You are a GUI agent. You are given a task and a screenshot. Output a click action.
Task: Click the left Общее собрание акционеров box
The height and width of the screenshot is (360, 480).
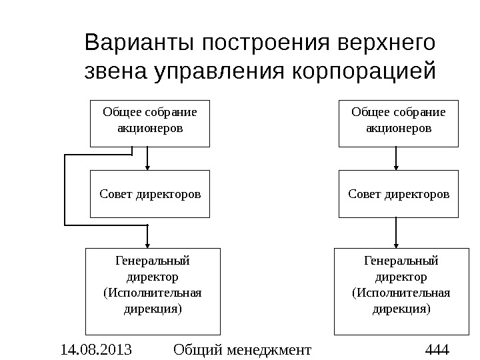click(150, 123)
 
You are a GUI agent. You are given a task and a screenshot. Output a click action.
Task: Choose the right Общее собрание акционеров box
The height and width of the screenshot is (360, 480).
click(399, 123)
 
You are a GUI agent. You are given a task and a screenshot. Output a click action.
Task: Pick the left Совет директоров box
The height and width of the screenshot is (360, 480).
click(150, 194)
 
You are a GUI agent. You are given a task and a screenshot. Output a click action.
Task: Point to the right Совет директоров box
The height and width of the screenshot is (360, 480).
click(399, 194)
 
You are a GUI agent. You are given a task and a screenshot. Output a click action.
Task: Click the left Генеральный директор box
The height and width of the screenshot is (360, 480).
click(153, 291)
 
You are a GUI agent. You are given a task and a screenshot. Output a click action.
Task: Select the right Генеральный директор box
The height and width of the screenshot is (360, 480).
click(401, 291)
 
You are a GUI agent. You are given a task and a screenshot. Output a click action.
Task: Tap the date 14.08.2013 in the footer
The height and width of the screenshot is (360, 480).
click(95, 349)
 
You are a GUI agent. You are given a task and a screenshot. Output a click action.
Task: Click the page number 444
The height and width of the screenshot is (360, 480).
click(437, 349)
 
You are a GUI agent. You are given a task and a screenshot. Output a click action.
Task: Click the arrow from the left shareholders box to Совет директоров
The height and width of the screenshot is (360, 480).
click(147, 159)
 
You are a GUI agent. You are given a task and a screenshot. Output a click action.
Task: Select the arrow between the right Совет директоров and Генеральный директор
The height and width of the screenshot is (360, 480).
click(397, 233)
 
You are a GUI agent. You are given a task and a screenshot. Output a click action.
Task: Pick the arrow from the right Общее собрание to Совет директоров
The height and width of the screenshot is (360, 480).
click(397, 159)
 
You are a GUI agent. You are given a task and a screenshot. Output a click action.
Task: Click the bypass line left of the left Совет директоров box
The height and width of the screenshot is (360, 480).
click(65, 190)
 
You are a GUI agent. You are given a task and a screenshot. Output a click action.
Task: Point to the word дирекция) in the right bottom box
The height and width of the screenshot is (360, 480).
click(401, 309)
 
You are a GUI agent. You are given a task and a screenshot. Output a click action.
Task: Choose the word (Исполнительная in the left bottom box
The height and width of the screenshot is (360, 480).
click(153, 293)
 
